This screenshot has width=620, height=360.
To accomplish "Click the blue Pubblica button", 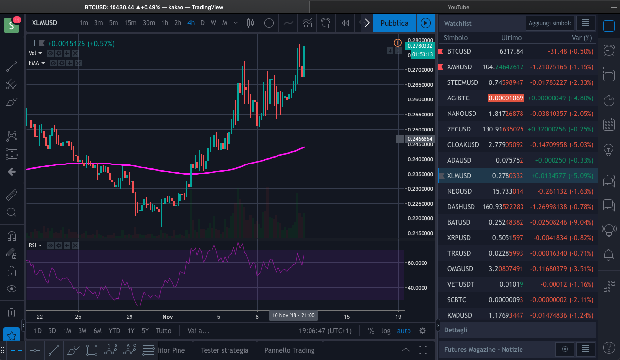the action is pos(394,23).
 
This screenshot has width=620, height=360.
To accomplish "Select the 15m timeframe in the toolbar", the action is pos(130,23).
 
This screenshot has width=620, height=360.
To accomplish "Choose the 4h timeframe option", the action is pos(191,23).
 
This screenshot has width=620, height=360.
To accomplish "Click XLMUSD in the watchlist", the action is pos(459,176).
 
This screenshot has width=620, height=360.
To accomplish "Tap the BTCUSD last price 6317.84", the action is pos(511,51).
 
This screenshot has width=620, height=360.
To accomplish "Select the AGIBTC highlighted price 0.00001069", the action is pos(506,98).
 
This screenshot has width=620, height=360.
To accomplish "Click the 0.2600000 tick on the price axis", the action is pos(421,99).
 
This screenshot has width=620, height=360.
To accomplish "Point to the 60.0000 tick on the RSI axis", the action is pos(417,263).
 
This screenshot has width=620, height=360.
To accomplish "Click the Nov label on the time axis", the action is pos(168,317).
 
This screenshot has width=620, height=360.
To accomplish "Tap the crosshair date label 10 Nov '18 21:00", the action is pos(294,315).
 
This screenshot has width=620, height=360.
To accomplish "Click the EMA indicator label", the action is pos(34,63).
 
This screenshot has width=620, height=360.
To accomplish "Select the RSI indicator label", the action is pos(33,245).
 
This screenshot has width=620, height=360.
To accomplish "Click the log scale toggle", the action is pos(386,331).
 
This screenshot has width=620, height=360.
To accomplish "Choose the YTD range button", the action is pos(114,331).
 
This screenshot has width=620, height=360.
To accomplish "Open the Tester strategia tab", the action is pos(225,350).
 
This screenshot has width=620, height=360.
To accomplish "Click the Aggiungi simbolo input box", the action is pos(550,23).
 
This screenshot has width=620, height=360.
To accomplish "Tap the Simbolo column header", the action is pos(456,38).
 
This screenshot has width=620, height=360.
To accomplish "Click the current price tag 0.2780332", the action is pos(420,46).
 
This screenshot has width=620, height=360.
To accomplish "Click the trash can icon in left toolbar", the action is pos(11,312).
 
